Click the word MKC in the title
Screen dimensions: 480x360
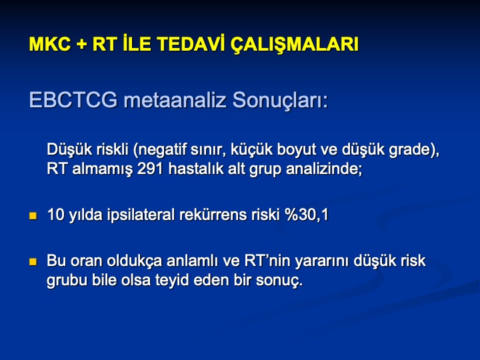click(x=49, y=45)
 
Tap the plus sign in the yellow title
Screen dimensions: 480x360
click(x=81, y=45)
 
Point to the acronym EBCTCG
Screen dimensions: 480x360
click(x=73, y=100)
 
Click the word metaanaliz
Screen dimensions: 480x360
click(x=175, y=100)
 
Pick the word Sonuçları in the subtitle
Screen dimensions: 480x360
click(x=281, y=101)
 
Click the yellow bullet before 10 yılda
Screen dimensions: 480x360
click(x=33, y=216)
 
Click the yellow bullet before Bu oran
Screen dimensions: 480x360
click(x=33, y=262)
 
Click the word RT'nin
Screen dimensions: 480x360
click(x=266, y=261)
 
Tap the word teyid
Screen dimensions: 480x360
click(x=172, y=281)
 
